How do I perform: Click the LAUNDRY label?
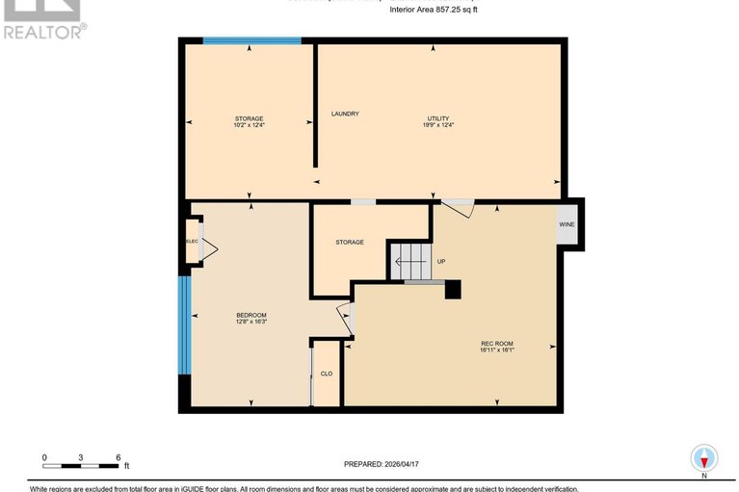345,114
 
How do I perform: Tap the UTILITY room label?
438,118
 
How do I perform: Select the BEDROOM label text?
251,316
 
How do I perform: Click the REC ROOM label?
497,344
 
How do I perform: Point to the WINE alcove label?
567,224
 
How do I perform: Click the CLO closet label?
327,374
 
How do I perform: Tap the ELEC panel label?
191,242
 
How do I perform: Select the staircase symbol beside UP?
409,260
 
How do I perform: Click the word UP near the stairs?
441,261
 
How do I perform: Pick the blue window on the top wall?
251,40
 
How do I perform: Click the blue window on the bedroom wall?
183,325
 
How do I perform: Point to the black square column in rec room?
453,289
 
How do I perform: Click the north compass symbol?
704,458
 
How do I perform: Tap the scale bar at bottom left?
81,466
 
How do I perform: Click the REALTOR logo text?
44,31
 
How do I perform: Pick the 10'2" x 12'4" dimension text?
249,125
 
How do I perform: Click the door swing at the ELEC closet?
208,250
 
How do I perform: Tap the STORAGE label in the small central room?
350,242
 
